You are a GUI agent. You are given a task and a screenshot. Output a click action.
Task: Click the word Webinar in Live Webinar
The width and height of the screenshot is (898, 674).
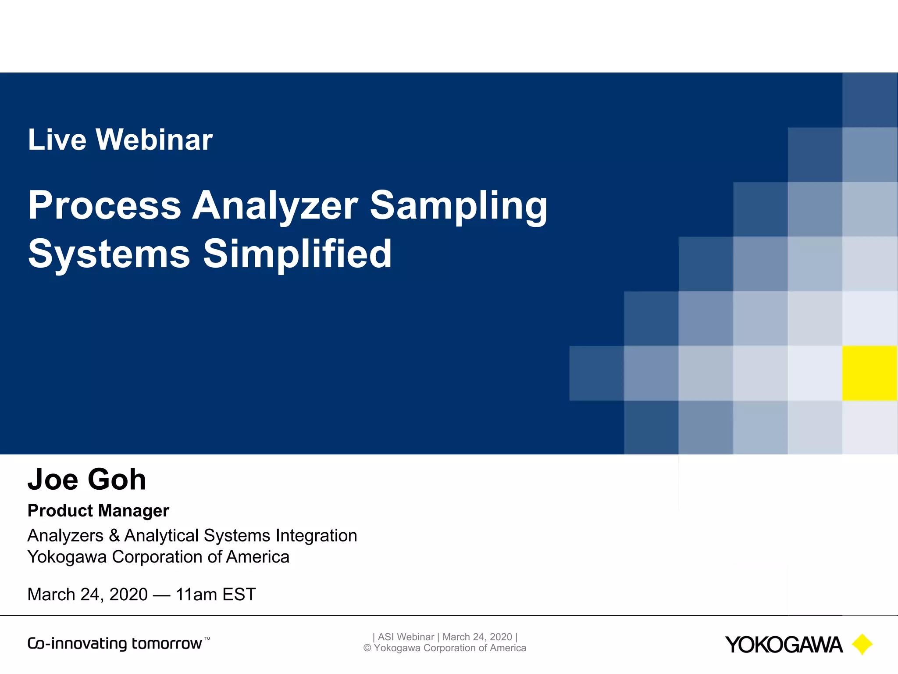154,140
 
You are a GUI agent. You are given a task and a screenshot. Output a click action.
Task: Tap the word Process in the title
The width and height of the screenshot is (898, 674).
104,205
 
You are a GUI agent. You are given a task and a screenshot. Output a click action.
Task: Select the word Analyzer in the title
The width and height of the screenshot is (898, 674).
275,205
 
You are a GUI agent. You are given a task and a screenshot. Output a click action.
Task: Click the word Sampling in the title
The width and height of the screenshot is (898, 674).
459,206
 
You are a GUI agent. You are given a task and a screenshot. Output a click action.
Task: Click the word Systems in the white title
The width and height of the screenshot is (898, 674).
109,255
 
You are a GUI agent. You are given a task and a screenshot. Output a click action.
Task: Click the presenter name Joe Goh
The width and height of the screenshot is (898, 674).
86,479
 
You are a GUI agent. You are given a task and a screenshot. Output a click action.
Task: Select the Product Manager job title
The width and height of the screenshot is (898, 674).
98,511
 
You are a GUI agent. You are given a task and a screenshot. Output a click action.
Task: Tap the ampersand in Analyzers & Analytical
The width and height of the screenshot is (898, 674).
114,536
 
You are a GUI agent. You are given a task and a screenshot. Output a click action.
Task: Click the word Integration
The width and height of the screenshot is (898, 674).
316,536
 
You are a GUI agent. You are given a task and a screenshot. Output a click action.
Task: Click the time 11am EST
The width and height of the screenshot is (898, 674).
215,595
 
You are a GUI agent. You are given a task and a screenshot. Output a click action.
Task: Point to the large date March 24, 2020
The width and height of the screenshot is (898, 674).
87,595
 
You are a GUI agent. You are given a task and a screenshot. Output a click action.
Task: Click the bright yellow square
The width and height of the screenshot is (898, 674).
869,373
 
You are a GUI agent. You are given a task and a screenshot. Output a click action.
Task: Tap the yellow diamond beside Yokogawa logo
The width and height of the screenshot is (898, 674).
862,644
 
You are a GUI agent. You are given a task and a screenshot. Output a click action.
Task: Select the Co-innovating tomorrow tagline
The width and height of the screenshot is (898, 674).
115,644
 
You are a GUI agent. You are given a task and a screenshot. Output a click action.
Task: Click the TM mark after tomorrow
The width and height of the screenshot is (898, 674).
207,639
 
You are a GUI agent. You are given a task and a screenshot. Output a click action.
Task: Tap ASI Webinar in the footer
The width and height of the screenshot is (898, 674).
406,637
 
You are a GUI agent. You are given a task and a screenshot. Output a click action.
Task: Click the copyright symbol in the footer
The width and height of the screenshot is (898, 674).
367,648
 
